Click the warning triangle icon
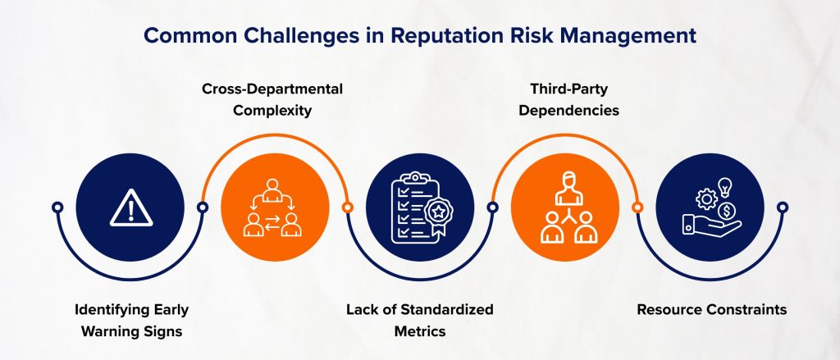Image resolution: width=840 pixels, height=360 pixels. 127,208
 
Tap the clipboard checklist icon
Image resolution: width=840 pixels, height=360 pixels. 418,208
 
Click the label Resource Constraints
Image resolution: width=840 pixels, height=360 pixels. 711,310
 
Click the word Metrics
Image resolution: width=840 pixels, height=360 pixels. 418,330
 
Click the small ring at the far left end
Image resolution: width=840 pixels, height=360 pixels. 56,207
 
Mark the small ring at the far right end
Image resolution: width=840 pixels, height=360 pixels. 783,207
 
